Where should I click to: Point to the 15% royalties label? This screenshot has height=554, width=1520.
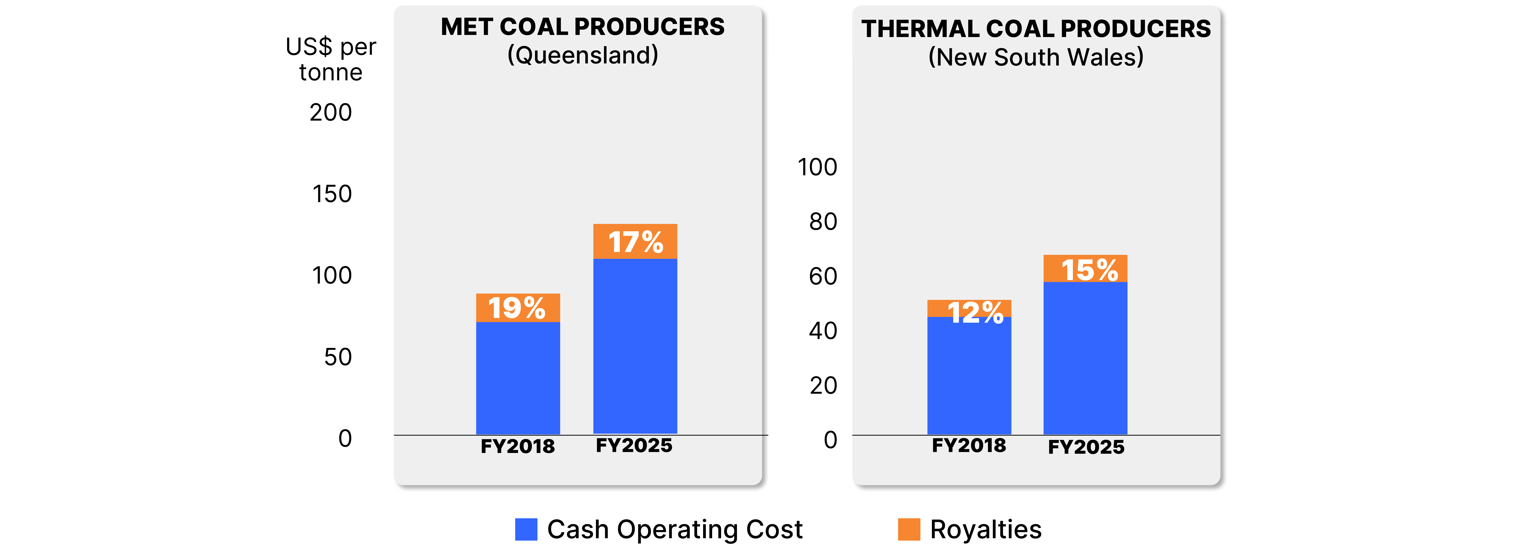click(x=1089, y=270)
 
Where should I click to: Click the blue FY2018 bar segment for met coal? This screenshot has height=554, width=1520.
click(x=518, y=378)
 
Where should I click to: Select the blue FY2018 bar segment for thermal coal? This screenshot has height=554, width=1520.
click(x=969, y=378)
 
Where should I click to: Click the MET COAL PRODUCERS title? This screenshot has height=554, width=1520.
click(x=582, y=27)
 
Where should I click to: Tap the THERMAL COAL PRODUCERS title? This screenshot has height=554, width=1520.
click(x=1035, y=29)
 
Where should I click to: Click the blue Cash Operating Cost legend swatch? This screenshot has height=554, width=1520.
click(x=526, y=529)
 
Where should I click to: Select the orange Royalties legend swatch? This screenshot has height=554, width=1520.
click(x=909, y=529)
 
